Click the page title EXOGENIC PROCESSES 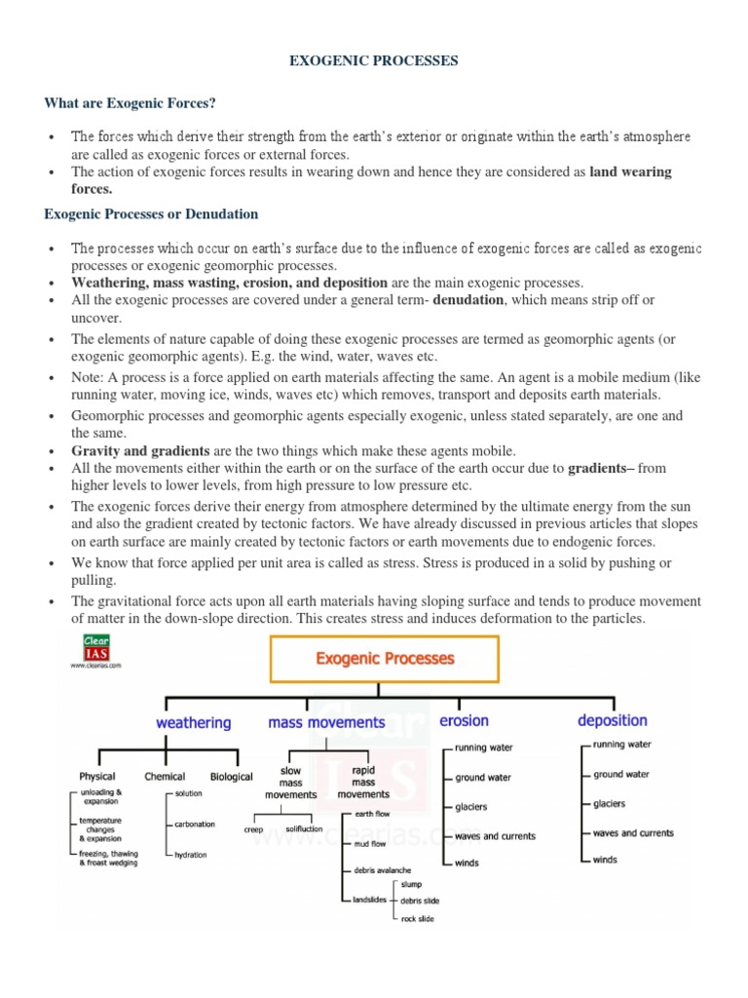tap(374, 60)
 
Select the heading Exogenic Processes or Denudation tap(151, 213)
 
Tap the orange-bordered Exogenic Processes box tap(385, 659)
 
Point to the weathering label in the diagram tap(193, 723)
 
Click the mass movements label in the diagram tap(326, 723)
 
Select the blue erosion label tap(464, 721)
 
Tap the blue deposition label tap(612, 721)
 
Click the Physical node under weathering tap(97, 777)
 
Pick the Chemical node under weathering tap(165, 777)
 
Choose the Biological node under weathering tap(231, 777)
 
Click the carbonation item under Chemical tap(195, 825)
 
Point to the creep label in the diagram tap(253, 830)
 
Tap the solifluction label tap(304, 829)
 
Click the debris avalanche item tap(382, 869)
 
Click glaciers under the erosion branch tap(471, 807)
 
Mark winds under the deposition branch tap(605, 860)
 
